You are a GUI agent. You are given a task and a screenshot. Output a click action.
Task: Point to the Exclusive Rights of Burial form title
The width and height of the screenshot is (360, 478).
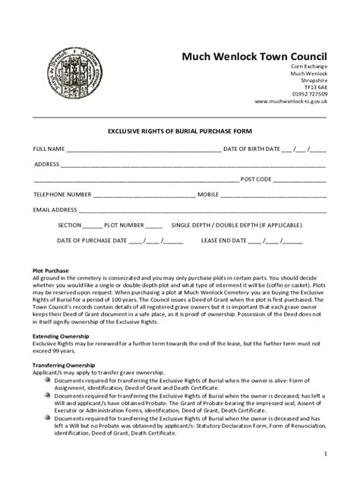tap(179, 131)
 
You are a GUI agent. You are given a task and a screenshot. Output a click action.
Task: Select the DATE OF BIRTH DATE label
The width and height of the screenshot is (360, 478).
tap(251, 149)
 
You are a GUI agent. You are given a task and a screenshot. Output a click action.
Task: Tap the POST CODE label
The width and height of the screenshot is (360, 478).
tap(256, 179)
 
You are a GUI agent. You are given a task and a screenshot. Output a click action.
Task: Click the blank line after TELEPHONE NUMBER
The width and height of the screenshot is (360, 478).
tap(144, 195)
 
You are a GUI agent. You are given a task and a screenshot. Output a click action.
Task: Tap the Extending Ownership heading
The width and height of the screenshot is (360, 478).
tap(60, 335)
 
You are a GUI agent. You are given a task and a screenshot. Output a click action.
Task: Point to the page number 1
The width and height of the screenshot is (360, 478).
tap(324, 454)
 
